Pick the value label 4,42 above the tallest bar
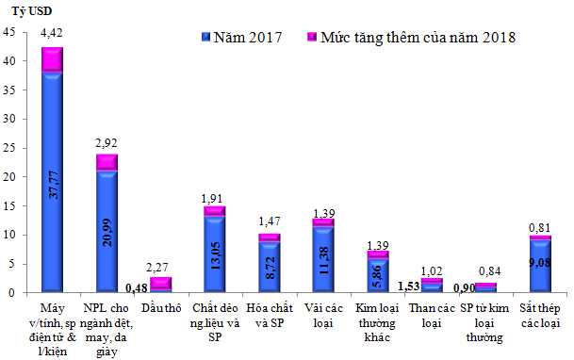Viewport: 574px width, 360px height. point(53,32)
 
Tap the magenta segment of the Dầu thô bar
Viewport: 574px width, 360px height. point(161,283)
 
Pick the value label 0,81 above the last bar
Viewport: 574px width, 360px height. point(539,226)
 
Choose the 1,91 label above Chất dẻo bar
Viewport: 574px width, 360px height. point(215,198)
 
